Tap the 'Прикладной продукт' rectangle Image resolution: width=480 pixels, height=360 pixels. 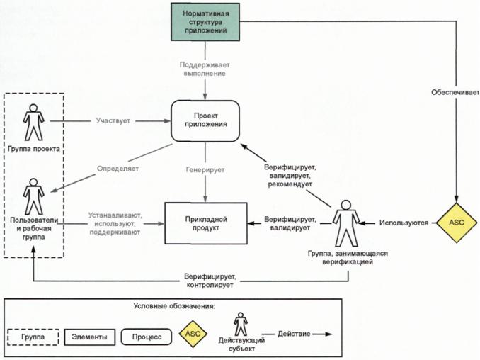(x=206, y=224)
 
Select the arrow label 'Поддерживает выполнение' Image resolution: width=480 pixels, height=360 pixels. (x=206, y=69)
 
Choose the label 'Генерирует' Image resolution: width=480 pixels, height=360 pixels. (x=206, y=170)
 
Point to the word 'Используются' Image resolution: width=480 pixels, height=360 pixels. (x=404, y=223)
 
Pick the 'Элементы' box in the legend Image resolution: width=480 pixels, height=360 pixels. (x=89, y=337)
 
